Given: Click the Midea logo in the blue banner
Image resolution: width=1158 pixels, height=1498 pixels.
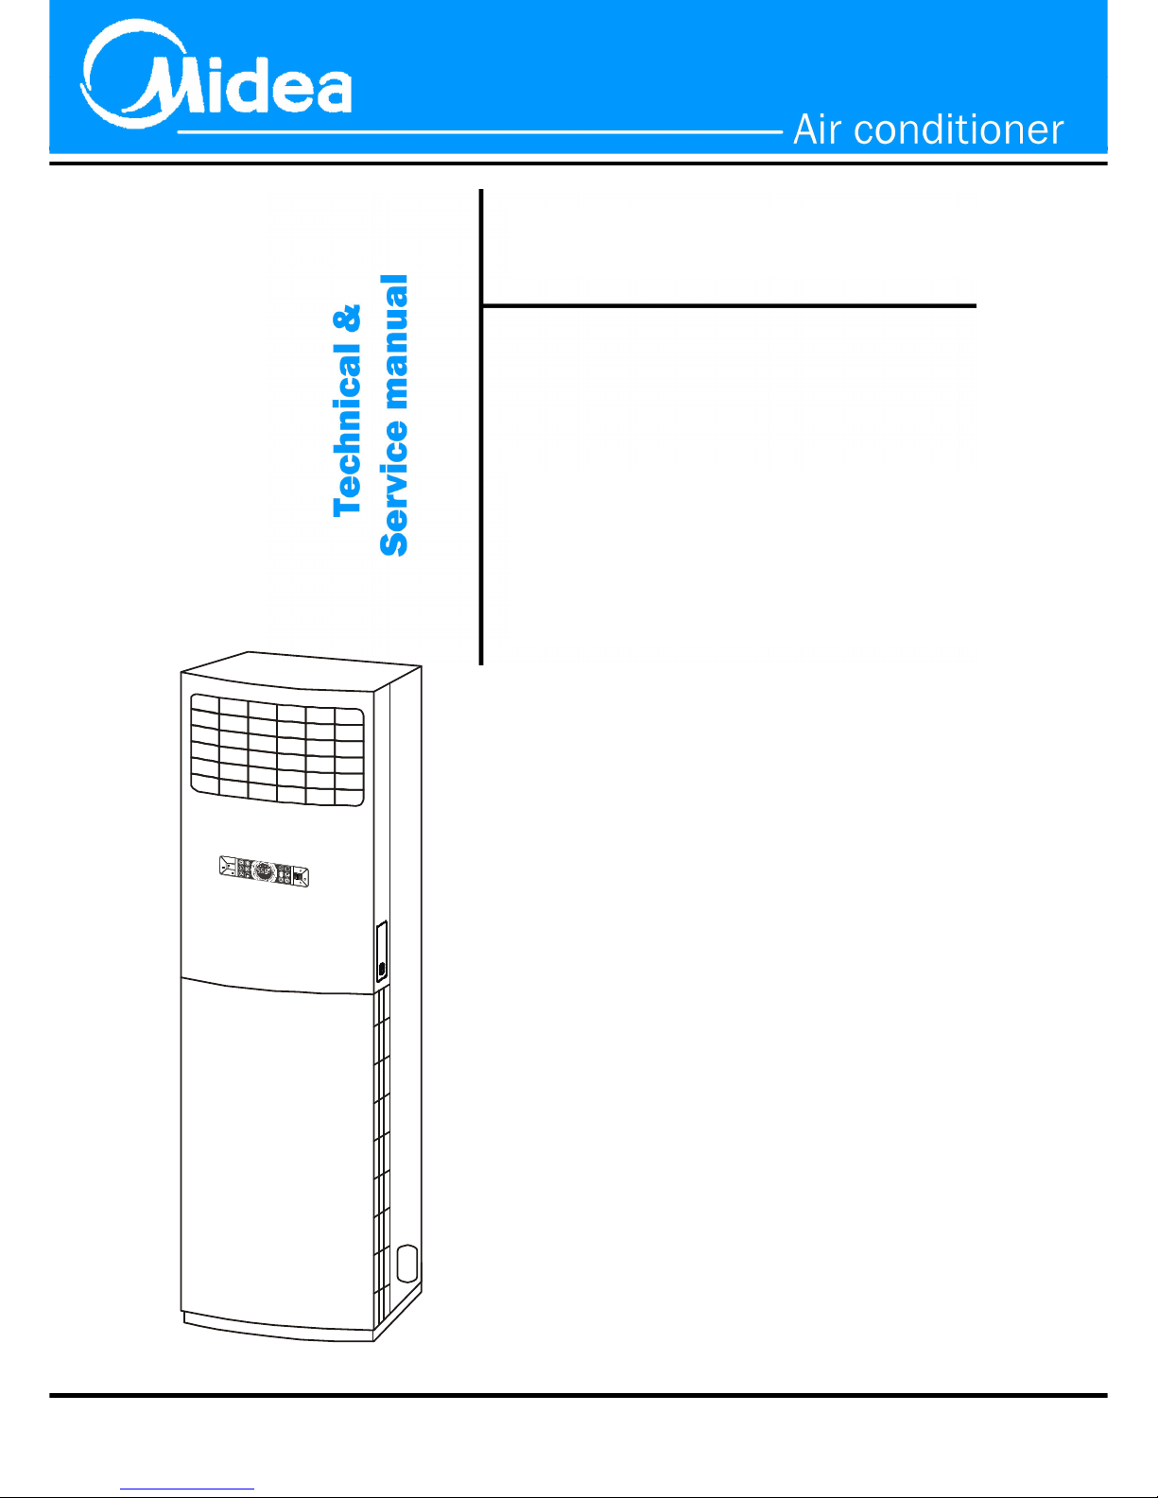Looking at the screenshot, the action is click(216, 74).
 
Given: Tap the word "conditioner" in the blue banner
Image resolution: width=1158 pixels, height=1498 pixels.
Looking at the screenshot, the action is click(959, 129).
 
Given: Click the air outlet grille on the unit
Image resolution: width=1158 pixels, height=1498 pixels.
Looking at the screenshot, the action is click(277, 749).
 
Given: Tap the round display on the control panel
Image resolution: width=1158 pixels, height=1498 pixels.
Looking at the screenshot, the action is click(264, 872).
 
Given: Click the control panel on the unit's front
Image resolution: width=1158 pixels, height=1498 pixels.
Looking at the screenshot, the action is click(264, 872).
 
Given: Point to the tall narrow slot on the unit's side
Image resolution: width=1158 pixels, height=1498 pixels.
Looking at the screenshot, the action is click(382, 952).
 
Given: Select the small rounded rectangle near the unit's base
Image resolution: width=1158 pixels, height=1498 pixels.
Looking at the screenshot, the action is click(408, 1264).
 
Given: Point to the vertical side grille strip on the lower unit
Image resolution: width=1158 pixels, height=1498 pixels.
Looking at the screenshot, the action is click(382, 1158).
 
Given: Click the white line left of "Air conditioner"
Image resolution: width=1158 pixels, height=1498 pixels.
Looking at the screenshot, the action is click(480, 131).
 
